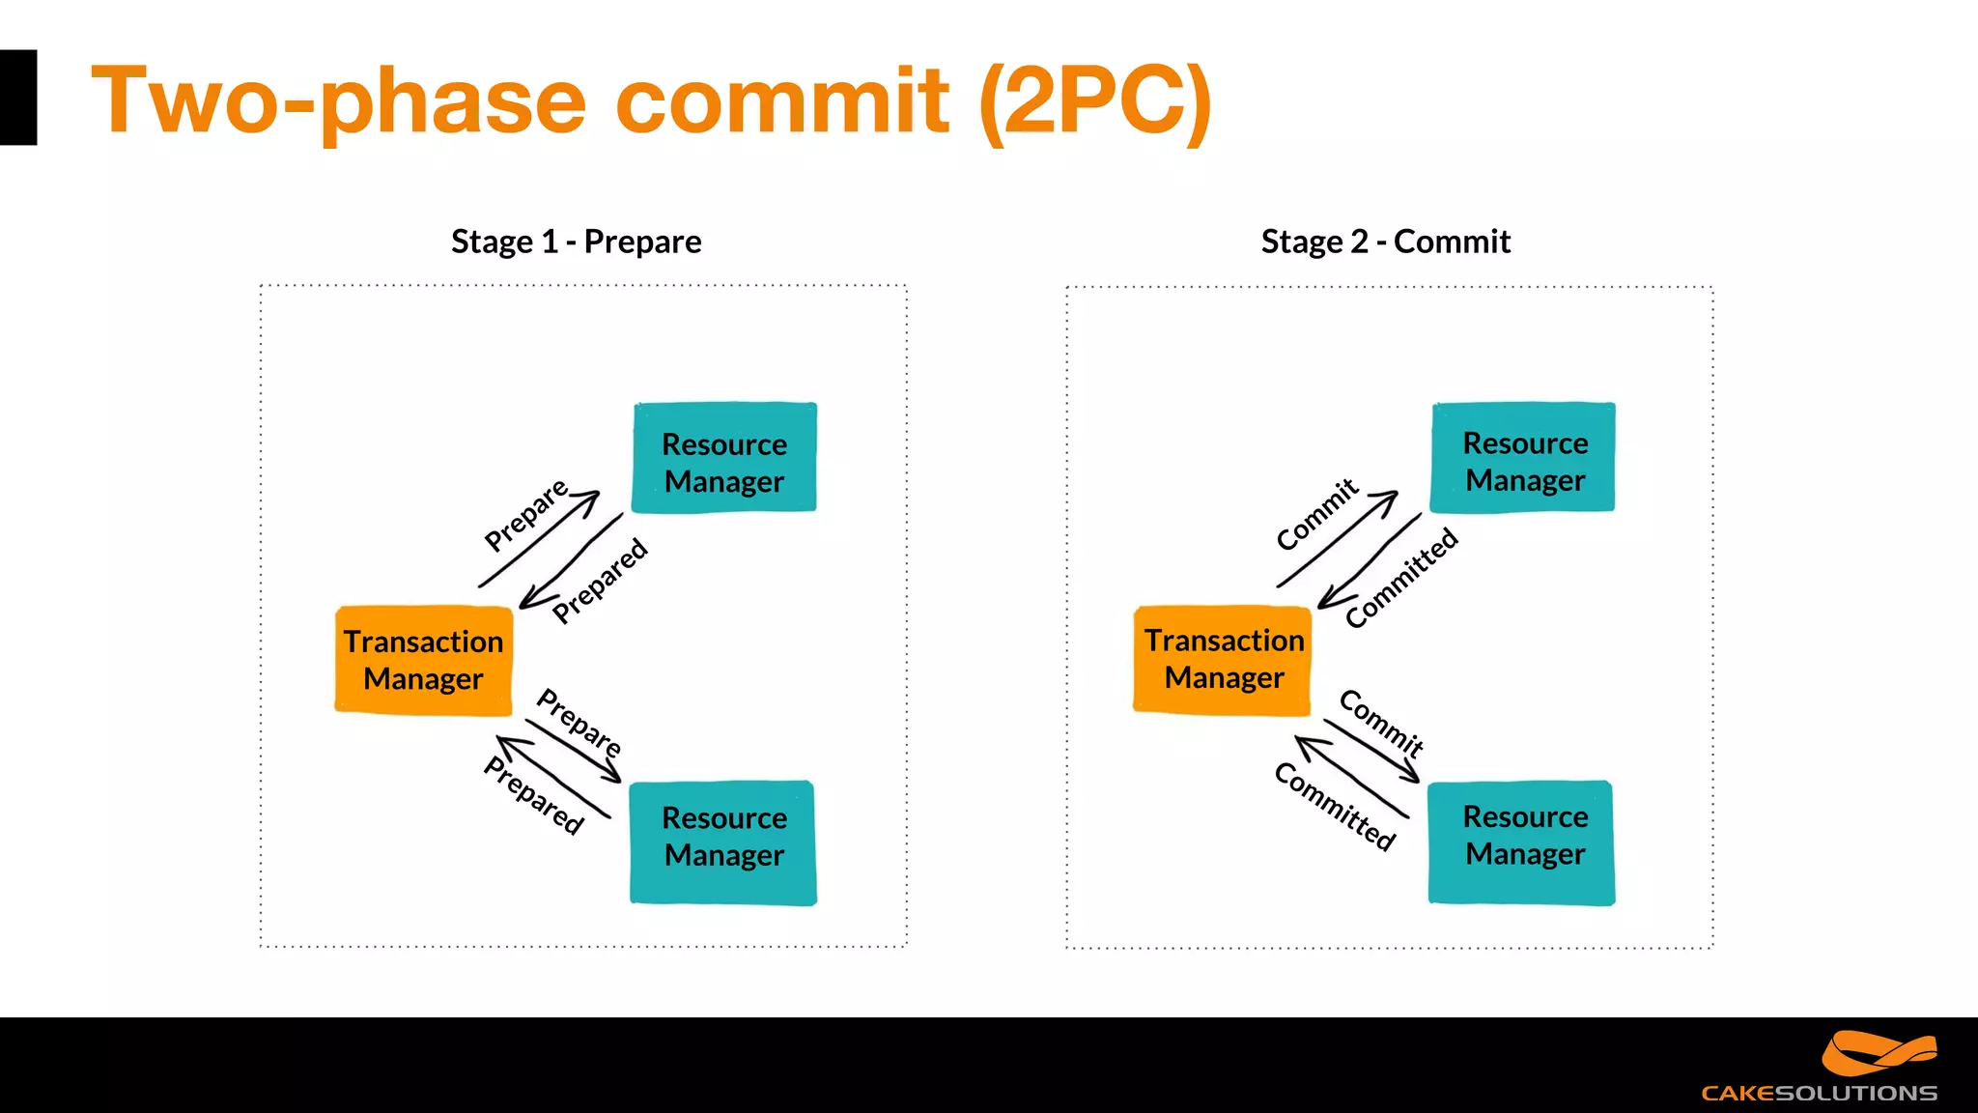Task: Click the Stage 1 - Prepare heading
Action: coord(576,242)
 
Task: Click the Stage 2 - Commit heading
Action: coord(1385,242)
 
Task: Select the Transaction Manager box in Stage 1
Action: coord(423,661)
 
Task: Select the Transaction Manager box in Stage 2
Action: coord(1223,660)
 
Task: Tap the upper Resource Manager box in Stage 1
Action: coord(724,458)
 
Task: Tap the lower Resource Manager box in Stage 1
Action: coord(723,842)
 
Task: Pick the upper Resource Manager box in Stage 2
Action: coord(1523,457)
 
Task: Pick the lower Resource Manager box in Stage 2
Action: coord(1522,842)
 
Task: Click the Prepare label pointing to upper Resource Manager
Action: coord(525,516)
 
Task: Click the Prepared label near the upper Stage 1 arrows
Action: coord(600,582)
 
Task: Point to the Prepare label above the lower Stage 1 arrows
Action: coord(579,722)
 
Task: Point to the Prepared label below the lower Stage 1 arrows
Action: coord(534,795)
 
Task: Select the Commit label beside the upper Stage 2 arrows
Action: coord(1316,515)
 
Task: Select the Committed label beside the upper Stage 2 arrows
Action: coord(1401,578)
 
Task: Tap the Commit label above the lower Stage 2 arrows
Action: coord(1381,724)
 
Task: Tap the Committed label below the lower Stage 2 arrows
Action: coord(1335,807)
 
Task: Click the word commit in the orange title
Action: coord(782,100)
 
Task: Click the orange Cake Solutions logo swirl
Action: coord(1878,1053)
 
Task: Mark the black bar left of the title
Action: coord(17,98)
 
